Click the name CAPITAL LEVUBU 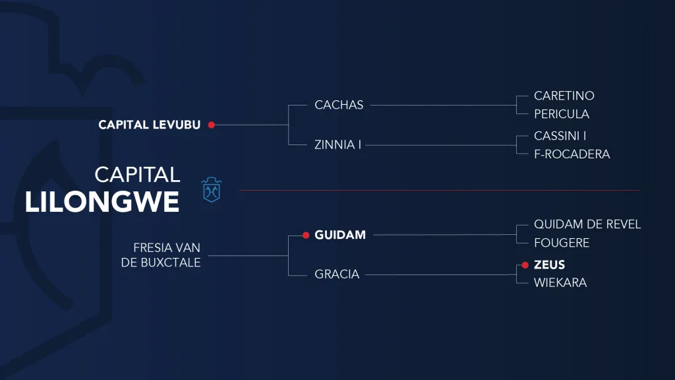(150, 125)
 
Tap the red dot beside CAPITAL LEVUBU (212, 125)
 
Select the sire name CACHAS (339, 105)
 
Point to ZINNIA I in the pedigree (337, 144)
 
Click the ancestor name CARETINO (564, 96)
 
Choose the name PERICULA (562, 114)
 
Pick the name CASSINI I (560, 136)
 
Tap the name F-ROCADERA (572, 154)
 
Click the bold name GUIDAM (340, 235)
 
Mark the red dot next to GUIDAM (306, 236)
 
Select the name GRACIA (337, 274)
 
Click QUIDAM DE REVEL (587, 224)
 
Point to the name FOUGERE (562, 243)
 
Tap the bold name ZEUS (549, 265)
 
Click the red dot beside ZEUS (525, 265)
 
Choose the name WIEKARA (560, 283)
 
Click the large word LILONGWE (102, 202)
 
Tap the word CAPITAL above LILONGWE (137, 175)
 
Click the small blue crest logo (212, 189)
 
